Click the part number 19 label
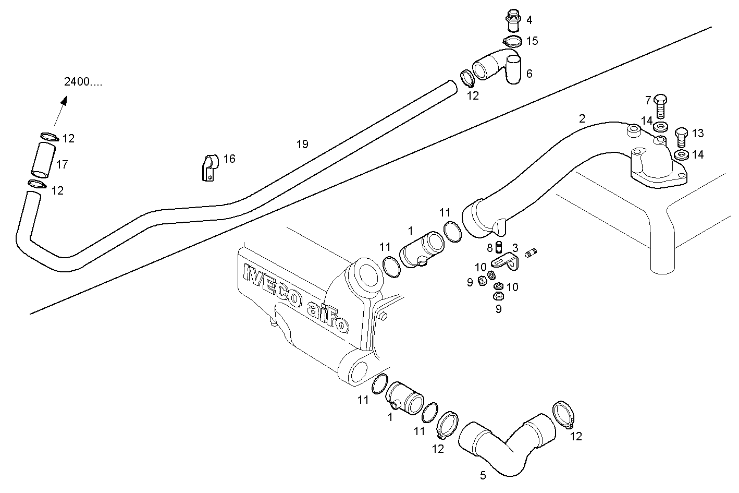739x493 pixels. point(302,145)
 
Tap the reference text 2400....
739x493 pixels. point(83,82)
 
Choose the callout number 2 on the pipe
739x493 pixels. point(582,118)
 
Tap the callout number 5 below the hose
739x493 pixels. point(483,475)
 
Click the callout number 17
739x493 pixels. point(62,165)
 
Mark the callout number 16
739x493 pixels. point(229,159)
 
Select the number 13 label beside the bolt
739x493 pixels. point(698,134)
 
